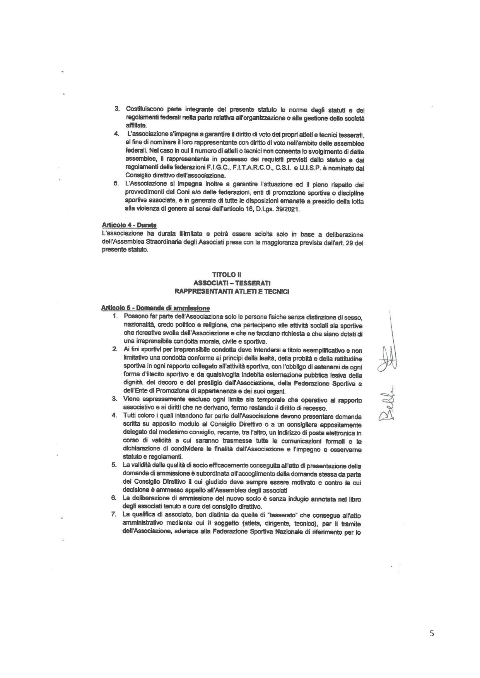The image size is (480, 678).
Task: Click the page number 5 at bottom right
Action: point(432,633)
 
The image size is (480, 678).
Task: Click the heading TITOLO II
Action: point(232,274)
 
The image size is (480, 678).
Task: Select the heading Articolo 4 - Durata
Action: point(129,225)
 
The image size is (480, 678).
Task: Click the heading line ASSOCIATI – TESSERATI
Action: point(232,282)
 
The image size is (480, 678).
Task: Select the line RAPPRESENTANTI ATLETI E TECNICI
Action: point(232,291)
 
